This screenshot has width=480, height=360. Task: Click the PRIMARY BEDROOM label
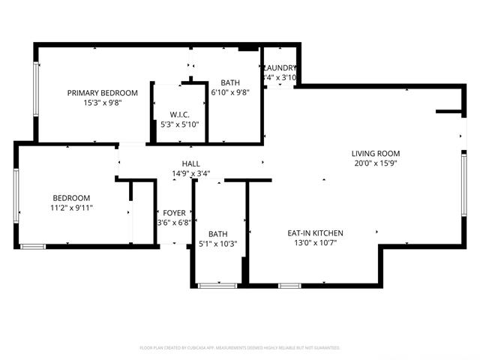pos(103,93)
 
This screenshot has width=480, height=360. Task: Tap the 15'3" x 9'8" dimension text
pos(103,103)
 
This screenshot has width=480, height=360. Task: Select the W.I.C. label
pos(179,115)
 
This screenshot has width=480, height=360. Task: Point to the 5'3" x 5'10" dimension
pos(179,124)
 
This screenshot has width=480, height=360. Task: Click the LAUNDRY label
pos(280,67)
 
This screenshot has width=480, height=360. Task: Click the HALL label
pos(190,163)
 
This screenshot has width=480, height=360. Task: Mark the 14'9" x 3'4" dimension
pos(190,173)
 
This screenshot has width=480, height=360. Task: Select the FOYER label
pos(167,212)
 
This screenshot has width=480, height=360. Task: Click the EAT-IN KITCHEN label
pos(315,233)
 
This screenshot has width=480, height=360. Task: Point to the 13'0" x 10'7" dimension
pos(315,243)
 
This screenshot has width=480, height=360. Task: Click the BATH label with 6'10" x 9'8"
pos(230,82)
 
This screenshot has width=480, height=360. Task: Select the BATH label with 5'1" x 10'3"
pos(218,233)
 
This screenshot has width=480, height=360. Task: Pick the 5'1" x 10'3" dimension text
pos(218,243)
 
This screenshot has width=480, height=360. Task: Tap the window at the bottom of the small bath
pos(218,285)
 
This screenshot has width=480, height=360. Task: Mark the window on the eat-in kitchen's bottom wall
pos(289,285)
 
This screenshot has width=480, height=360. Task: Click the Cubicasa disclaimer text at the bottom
pos(240,348)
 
